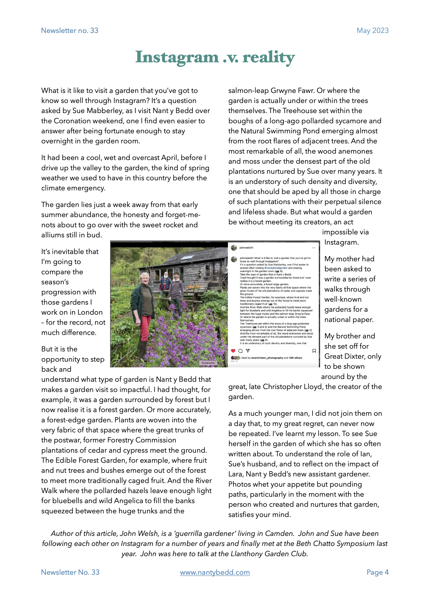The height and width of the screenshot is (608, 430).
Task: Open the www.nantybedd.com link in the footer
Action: coord(215,572)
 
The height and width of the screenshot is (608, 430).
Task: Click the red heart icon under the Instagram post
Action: coord(233,351)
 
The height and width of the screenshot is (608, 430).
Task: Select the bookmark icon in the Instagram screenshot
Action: coord(314,351)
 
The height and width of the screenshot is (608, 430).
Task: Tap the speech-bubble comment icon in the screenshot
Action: coord(240,351)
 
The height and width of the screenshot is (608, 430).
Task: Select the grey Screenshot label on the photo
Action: coord(208,363)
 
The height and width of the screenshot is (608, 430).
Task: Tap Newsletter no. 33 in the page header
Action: coord(70,31)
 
